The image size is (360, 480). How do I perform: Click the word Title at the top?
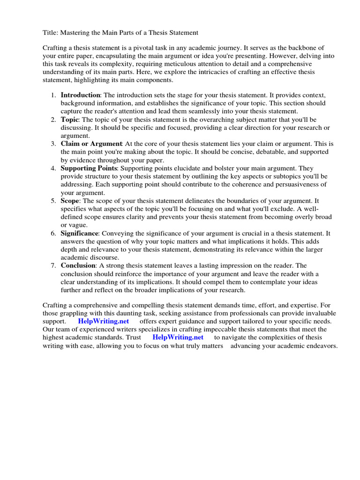pos(50,32)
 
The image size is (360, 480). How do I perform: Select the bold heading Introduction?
pos(80,95)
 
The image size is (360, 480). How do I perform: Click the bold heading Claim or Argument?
pos(91,143)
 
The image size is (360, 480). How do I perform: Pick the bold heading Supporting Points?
pos(89,168)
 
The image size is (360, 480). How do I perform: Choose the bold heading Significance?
pos(79,233)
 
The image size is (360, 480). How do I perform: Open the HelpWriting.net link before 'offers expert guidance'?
pos(103,321)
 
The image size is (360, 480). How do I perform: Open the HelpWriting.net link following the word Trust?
pos(178,337)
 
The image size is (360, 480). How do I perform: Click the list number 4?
pos(53,168)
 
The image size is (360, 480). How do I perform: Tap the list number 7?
pos(53,265)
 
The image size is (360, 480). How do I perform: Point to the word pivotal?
pos(147,48)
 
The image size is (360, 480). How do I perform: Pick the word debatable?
pos(245,152)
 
